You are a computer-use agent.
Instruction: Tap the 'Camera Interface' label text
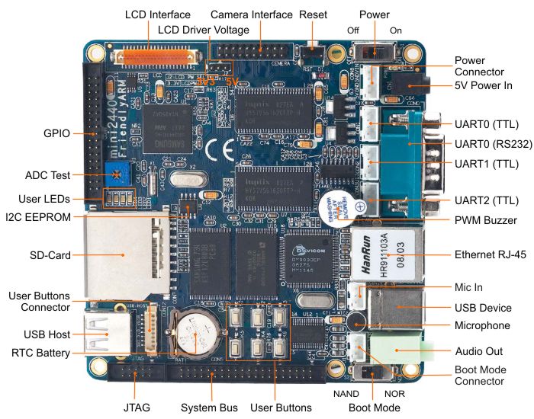coord(251,14)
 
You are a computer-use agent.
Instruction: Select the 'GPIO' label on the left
coord(56,133)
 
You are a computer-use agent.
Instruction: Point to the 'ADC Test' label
coord(47,174)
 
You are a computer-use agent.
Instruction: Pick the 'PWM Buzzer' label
coord(485,220)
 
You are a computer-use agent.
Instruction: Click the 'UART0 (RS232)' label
coord(491,143)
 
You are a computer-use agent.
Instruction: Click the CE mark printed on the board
coord(207,145)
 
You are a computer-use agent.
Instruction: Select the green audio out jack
coord(405,350)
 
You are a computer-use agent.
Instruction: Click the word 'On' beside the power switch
coord(396,30)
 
